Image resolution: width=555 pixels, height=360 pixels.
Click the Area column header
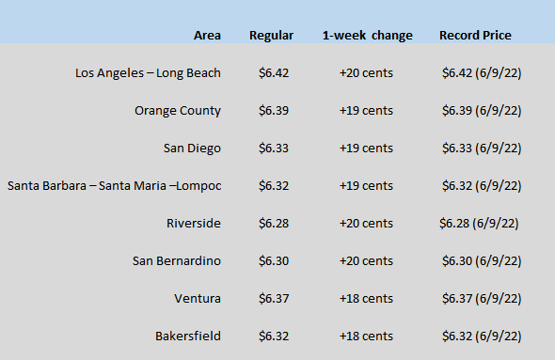207,36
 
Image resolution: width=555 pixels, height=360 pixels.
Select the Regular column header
271,36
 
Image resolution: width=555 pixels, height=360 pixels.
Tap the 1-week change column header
368,36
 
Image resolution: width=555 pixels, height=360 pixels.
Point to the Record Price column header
475,36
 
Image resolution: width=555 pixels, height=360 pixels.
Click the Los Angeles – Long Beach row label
148,73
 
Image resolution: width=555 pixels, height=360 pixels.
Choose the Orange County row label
178,111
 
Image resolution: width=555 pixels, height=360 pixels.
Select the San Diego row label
192,149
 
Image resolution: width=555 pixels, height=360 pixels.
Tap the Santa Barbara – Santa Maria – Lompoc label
115,186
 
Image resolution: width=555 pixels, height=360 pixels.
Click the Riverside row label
194,223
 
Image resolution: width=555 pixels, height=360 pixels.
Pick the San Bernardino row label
177,261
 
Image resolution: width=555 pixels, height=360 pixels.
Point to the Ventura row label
198,299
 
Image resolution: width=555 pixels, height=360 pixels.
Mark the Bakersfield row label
188,336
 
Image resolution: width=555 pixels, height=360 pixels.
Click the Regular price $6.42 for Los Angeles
274,73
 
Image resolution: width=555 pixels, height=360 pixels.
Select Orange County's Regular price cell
274,111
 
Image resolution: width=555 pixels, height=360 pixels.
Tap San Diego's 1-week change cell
366,149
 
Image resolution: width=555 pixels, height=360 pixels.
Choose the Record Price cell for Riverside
479,224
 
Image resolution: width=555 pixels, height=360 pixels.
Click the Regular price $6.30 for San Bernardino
274,261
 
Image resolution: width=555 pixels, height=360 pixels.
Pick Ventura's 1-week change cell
366,299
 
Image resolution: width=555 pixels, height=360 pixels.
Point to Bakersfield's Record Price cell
482,337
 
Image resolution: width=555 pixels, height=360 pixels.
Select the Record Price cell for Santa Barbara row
482,186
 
